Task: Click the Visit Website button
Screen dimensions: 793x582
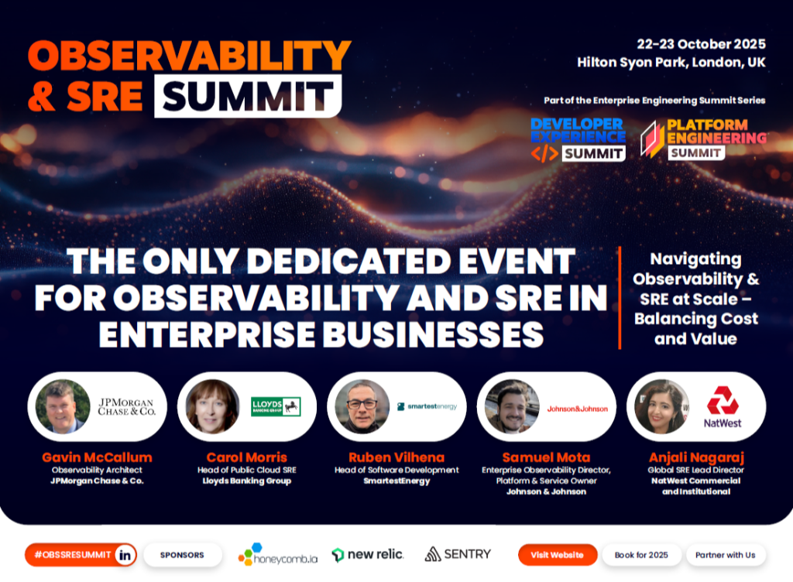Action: tap(558, 555)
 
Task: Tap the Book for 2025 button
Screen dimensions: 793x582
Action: tap(641, 555)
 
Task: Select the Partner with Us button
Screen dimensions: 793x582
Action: tap(725, 555)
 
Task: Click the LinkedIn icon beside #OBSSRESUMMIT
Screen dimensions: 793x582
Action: tap(125, 555)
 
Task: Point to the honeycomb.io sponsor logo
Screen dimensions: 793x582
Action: tap(278, 555)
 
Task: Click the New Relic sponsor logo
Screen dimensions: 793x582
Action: tap(368, 555)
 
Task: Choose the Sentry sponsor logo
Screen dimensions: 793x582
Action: tap(458, 554)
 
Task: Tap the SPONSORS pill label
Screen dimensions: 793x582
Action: tap(182, 555)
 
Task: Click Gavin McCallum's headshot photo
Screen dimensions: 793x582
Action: tap(64, 406)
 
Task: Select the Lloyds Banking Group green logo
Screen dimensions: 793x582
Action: tap(276, 406)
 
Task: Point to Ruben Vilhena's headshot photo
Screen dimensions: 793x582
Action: tap(362, 406)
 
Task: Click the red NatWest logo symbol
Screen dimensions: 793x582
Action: tap(723, 400)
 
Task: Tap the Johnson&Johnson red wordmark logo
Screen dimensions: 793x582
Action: tap(578, 409)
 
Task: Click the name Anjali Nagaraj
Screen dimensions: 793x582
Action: tap(696, 457)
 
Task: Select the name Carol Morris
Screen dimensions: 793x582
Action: tap(247, 457)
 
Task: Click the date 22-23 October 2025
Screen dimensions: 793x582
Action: tap(701, 44)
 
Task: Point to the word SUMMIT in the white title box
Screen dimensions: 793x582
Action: tap(248, 96)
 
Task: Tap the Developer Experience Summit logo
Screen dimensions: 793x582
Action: tap(578, 140)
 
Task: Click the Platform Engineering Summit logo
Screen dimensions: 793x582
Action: tap(703, 139)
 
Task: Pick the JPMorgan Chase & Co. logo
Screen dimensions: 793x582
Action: tap(126, 406)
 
